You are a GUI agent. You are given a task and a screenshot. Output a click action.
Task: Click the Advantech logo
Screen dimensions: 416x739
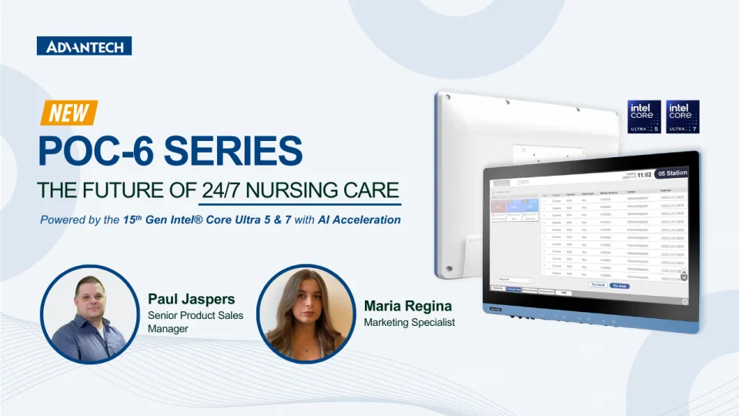(x=84, y=46)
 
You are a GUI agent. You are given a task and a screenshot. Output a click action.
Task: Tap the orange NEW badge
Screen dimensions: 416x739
(x=69, y=113)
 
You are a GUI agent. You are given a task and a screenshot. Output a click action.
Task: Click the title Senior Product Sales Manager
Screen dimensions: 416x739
(x=195, y=322)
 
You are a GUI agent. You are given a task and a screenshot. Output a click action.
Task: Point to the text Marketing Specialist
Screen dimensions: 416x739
(x=409, y=322)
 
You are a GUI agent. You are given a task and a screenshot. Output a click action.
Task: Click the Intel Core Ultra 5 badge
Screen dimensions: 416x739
(x=644, y=117)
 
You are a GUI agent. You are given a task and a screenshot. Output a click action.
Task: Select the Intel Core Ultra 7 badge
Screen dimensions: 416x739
(x=682, y=117)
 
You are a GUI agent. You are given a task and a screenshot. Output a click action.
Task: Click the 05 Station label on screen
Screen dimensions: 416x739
(x=672, y=173)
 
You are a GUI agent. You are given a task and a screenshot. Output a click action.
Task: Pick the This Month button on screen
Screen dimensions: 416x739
(x=597, y=284)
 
